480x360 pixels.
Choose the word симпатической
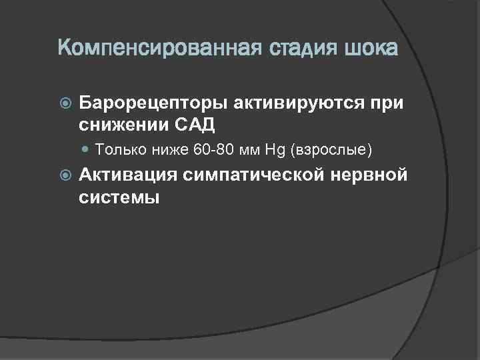(255, 175)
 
